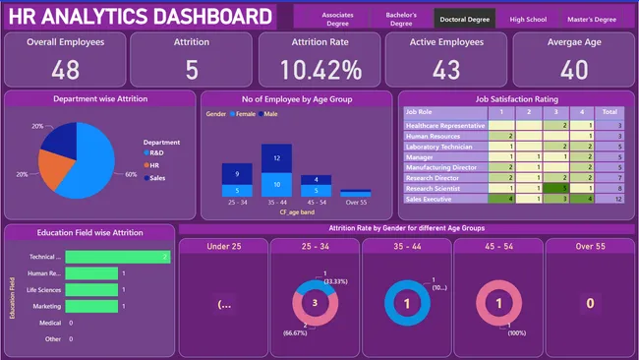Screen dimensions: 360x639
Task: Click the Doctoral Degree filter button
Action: pos(465,18)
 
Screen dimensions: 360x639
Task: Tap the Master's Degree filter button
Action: pos(592,19)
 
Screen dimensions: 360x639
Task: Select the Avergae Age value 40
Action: pos(574,69)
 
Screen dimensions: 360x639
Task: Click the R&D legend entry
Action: pos(155,153)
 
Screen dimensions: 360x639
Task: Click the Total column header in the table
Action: pos(610,112)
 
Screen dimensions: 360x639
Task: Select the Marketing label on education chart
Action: pos(46,306)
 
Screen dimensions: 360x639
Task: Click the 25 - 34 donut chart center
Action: pos(315,304)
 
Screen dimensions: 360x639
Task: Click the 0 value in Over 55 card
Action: pos(590,304)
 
